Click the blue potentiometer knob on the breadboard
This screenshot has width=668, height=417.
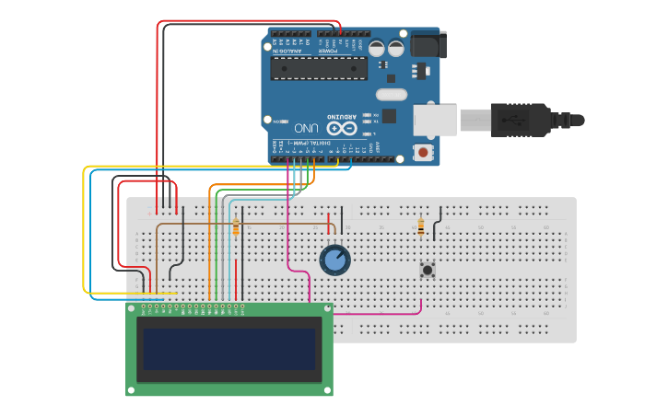tap(334, 261)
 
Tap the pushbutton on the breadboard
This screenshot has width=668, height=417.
tap(428, 270)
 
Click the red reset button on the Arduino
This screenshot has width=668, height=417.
tap(423, 151)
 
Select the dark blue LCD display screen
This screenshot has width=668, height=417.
tap(229, 349)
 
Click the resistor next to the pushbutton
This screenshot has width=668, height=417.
tap(421, 226)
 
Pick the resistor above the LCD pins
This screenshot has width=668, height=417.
tap(236, 226)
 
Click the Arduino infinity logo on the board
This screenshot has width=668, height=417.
tap(342, 129)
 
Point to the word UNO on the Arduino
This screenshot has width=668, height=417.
tap(306, 127)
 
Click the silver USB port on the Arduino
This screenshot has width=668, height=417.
tap(434, 120)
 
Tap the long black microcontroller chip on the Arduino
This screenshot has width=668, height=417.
tap(318, 68)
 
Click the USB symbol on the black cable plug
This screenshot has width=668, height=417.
tap(512, 120)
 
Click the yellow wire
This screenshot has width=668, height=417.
tap(85, 230)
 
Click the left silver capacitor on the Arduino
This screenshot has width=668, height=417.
tap(377, 49)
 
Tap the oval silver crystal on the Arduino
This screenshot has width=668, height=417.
tap(392, 94)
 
